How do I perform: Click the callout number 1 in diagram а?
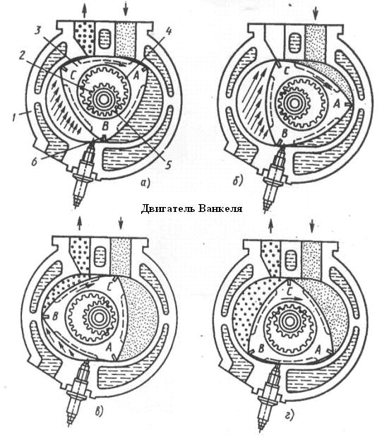point(14,117)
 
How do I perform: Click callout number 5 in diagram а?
point(168,164)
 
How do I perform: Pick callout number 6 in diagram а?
point(35,162)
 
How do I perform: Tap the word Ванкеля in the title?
point(220,208)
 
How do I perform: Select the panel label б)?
point(237,181)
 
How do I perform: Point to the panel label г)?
point(290,415)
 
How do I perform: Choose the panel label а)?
point(145,183)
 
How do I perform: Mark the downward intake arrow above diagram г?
point(312,225)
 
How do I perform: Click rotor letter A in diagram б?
point(337,104)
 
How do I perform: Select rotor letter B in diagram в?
point(55,316)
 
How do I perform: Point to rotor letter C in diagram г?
point(290,292)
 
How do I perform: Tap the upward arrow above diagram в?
point(80,223)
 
